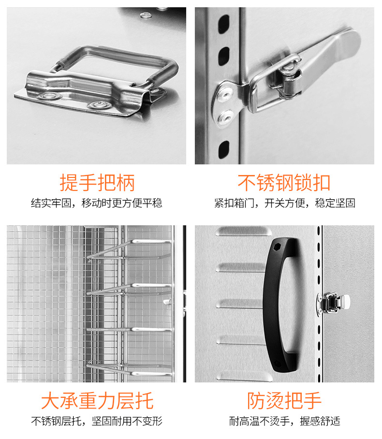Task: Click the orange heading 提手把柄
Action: click(x=97, y=183)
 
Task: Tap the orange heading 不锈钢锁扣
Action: click(x=284, y=183)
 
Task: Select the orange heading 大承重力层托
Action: click(x=97, y=401)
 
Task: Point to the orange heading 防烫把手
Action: click(x=284, y=401)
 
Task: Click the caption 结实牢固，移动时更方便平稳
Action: click(x=97, y=203)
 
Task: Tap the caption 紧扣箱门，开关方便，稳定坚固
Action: click(x=285, y=203)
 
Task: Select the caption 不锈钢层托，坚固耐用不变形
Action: click(x=97, y=421)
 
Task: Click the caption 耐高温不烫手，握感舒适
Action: click(x=285, y=421)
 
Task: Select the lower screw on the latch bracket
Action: click(x=226, y=117)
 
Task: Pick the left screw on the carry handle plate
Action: click(x=50, y=96)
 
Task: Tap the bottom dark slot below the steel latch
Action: click(x=223, y=149)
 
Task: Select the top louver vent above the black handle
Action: click(x=243, y=231)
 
